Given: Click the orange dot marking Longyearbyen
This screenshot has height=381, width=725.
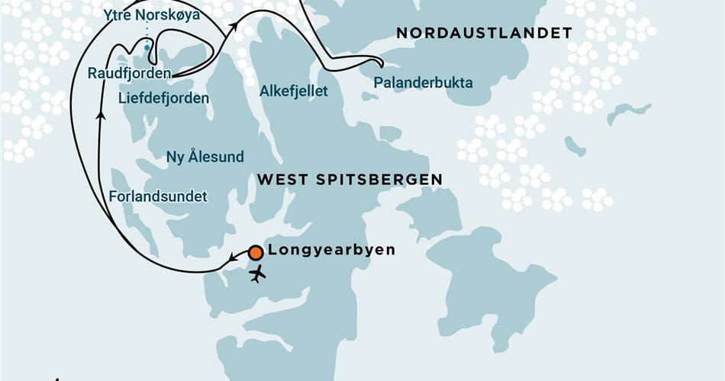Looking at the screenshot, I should coord(256,252).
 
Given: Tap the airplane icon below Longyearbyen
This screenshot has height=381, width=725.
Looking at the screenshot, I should coord(258,273).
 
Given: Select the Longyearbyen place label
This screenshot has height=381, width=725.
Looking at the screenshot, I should coord(331,250).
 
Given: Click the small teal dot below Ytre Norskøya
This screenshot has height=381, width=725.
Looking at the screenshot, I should coord(147,48).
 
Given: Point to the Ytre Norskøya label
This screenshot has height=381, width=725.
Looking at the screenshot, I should coord(146,14).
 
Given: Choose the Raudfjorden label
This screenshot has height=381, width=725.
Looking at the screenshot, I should coord(128,74).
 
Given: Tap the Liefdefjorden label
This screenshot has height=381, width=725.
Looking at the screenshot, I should coord(164,98).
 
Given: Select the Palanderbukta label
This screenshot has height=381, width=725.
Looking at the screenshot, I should coord(423,83).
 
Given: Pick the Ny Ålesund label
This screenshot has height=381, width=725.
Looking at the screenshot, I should coord(205,158).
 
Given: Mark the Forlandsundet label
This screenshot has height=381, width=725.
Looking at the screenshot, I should coord(158,197).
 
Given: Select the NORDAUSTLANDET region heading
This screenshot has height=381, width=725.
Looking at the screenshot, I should coord(484,34).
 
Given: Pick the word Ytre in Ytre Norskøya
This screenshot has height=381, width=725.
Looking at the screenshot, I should coord(115,14).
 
